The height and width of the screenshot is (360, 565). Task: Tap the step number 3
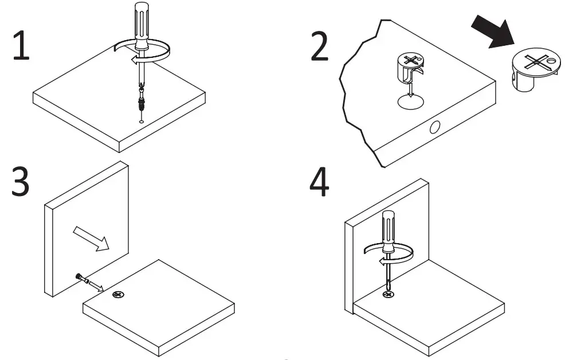[21, 182]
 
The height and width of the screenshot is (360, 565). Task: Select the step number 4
[319, 182]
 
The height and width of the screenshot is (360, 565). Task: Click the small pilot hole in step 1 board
[142, 121]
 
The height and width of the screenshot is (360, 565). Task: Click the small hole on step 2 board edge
[434, 127]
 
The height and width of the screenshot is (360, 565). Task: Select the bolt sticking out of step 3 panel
[82, 280]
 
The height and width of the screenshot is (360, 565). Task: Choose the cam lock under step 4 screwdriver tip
[389, 294]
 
